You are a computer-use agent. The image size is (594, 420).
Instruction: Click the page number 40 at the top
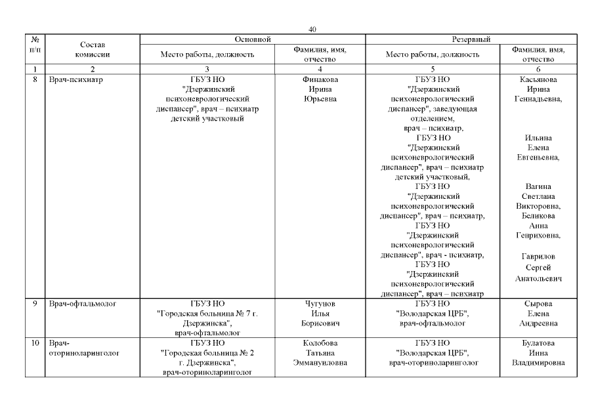pos(312,30)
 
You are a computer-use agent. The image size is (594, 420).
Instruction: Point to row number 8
pos(34,80)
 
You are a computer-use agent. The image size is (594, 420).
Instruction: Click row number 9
pos(34,304)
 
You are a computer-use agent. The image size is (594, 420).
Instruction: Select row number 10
pos(34,343)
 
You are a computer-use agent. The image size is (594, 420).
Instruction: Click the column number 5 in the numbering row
pos(433,69)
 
